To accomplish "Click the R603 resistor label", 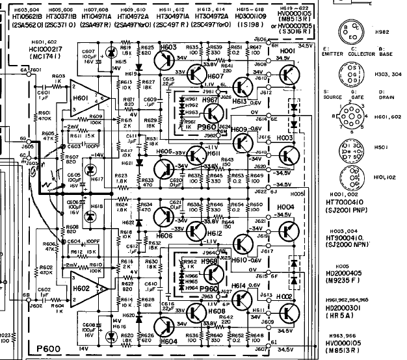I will (x=59, y=76).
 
